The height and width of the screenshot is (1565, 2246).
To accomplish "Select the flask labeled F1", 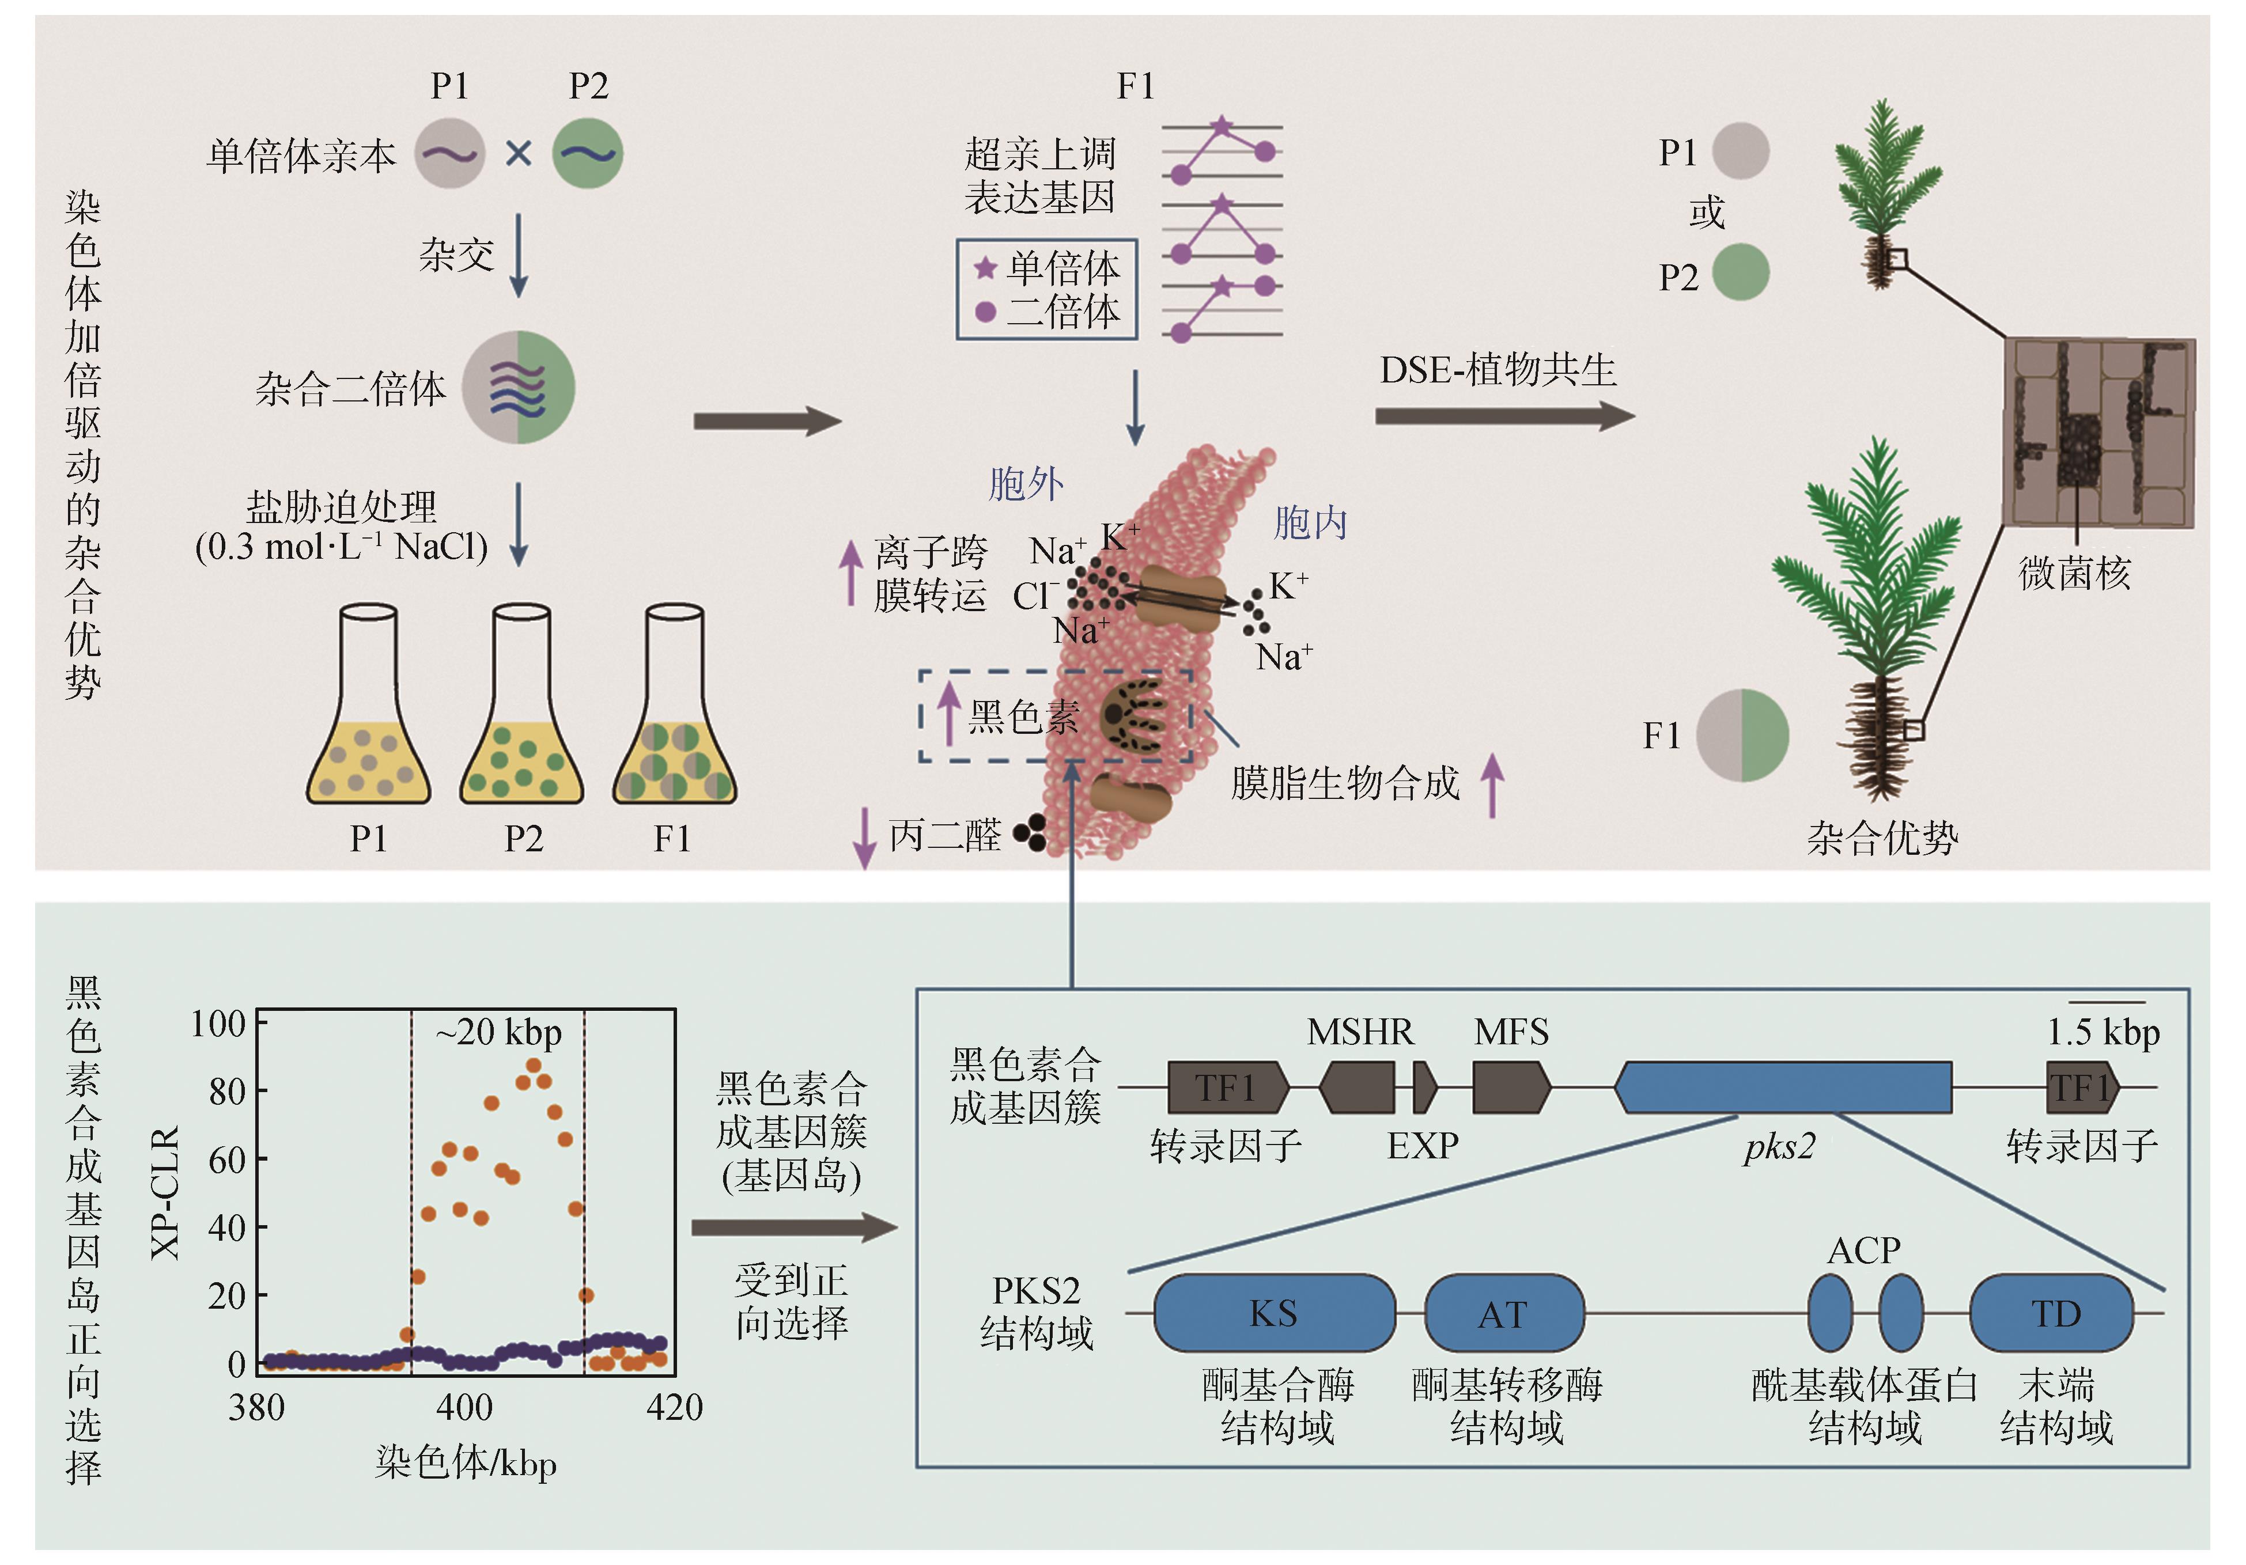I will click(675, 719).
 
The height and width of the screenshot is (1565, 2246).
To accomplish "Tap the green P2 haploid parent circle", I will click(588, 154).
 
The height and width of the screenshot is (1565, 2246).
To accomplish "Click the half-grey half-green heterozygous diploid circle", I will click(519, 387).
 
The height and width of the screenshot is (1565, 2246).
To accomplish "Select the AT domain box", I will click(1503, 1313).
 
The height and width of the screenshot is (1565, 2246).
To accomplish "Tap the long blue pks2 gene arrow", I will click(1782, 1087).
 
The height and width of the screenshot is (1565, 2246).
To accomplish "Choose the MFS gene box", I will click(1510, 1087).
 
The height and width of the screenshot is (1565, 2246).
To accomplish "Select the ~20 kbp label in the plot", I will click(499, 1033).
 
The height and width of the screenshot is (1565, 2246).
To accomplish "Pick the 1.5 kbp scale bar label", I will click(2103, 1033).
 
